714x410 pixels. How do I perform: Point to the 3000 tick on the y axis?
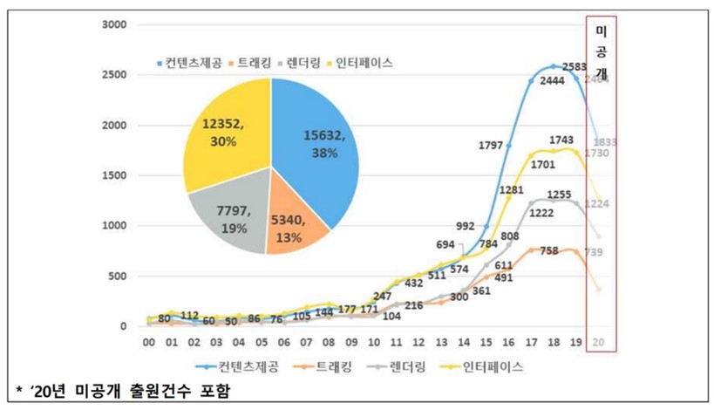pos(115,25)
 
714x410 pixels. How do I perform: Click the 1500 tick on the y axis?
pos(115,175)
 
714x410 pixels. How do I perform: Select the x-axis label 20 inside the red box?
pos(597,343)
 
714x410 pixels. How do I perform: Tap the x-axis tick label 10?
pos(374,343)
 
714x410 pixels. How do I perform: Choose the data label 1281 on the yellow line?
pos(512,188)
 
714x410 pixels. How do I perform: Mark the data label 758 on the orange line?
pos(548,251)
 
